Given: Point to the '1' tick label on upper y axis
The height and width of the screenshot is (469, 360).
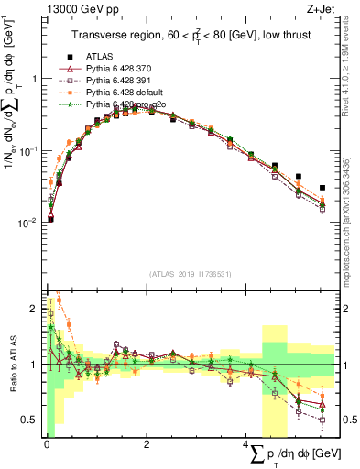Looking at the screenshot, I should coord(35,79).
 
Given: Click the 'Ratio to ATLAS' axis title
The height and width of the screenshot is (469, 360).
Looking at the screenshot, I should coord(12,365).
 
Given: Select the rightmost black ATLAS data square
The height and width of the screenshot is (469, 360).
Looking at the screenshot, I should coord(322,188).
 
